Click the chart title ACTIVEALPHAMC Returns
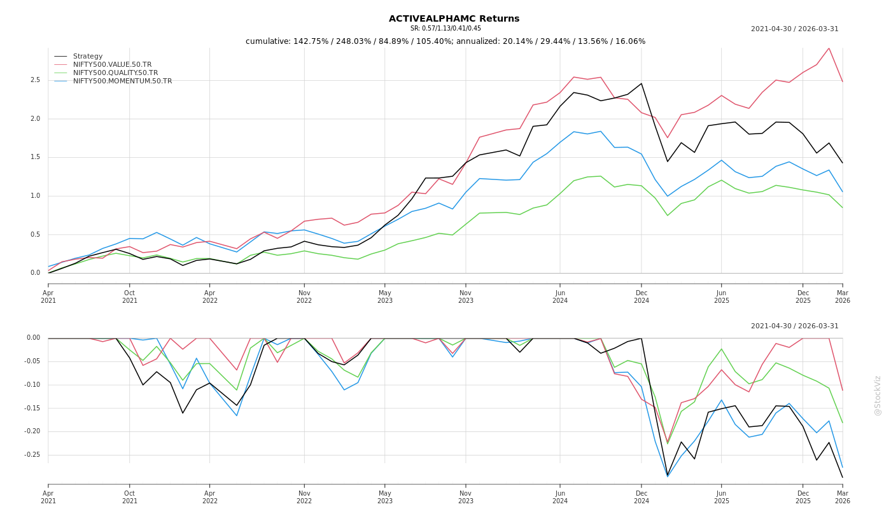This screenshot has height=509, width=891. click(x=454, y=18)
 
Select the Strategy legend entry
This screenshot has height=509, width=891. click(x=88, y=56)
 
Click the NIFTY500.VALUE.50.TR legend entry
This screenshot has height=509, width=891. click(x=112, y=64)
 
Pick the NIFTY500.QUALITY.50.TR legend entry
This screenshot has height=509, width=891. click(x=115, y=73)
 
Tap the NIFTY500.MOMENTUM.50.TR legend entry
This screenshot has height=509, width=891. click(x=122, y=81)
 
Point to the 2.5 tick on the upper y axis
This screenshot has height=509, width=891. click(x=35, y=80)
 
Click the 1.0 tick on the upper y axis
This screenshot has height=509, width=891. click(x=35, y=196)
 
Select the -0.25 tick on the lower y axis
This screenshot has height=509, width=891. click(x=32, y=455)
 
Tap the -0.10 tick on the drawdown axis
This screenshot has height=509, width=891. click(x=32, y=385)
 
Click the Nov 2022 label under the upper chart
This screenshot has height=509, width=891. click(x=304, y=296)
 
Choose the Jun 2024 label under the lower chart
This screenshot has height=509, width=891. click(x=560, y=497)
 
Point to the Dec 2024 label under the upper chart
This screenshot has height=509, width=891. click(x=642, y=296)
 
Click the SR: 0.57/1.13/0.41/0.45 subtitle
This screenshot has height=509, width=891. click(x=445, y=29)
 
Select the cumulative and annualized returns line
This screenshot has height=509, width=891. click(x=445, y=41)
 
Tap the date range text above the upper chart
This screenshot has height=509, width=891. click(x=794, y=29)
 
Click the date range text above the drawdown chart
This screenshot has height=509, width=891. click(x=794, y=326)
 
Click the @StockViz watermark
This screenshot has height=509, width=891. click(x=878, y=395)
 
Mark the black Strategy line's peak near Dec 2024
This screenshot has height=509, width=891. click(x=642, y=83)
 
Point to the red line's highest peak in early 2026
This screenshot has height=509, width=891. click(x=829, y=48)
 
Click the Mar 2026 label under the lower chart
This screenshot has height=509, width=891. click(x=842, y=497)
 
